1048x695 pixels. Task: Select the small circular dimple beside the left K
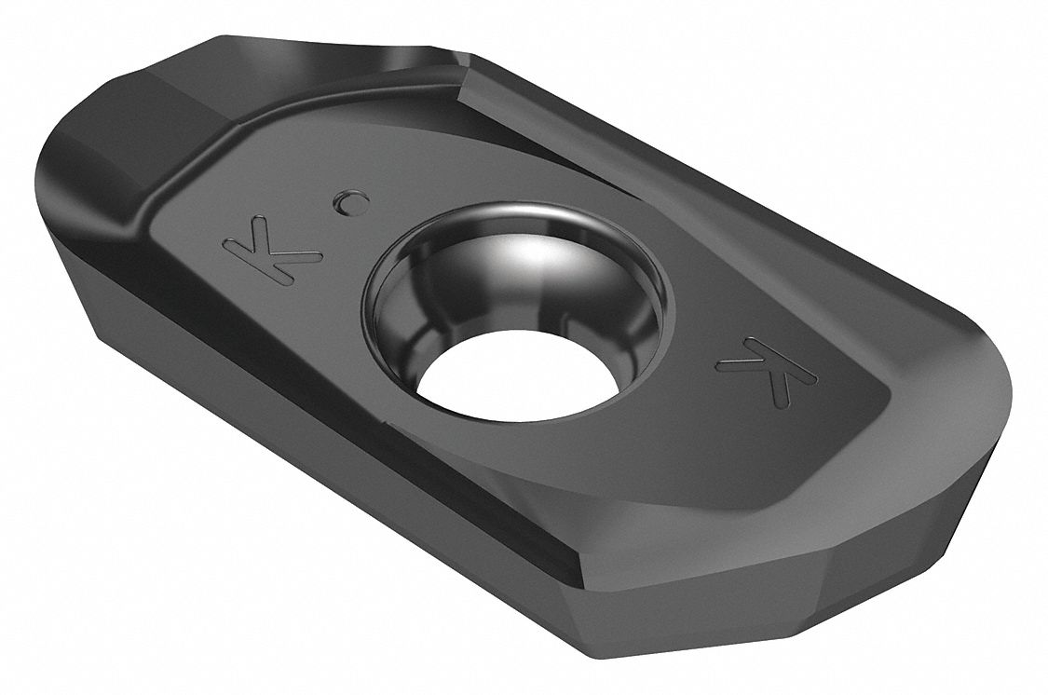tap(350, 199)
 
